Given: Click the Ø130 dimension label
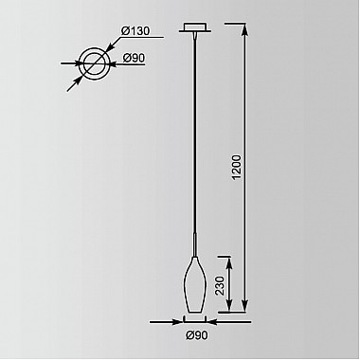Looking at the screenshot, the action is pyautogui.click(x=135, y=31).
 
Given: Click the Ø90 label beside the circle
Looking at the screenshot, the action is pyautogui.click(x=134, y=58).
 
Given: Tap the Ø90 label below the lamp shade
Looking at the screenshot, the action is pyautogui.click(x=197, y=335).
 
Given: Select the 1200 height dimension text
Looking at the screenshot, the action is pyautogui.click(x=236, y=167).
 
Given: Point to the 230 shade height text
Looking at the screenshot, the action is pyautogui.click(x=220, y=286).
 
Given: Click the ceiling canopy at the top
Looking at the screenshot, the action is pyautogui.click(x=195, y=27).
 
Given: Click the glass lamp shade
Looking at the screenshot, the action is pyautogui.click(x=195, y=284).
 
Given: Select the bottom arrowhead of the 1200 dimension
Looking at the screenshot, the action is pyautogui.click(x=245, y=306).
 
